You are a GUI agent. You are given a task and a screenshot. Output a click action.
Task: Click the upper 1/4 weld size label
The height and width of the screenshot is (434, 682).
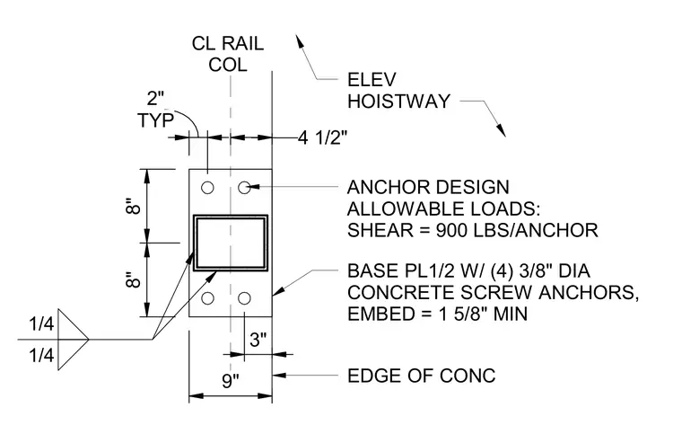(x=41, y=323)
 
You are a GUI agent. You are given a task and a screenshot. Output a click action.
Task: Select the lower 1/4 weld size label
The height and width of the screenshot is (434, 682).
(x=41, y=355)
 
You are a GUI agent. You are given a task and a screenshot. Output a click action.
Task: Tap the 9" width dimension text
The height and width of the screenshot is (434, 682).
(x=231, y=381)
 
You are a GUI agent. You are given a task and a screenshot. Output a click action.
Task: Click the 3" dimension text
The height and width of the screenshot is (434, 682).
(x=258, y=340)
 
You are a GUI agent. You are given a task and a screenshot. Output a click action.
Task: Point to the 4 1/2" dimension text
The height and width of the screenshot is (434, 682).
(x=323, y=138)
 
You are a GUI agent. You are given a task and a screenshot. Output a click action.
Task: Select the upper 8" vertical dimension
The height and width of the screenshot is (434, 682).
(x=134, y=206)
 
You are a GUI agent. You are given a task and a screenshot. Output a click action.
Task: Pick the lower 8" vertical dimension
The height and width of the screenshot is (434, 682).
(x=134, y=280)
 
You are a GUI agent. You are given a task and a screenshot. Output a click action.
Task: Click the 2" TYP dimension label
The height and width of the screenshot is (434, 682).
(x=156, y=110)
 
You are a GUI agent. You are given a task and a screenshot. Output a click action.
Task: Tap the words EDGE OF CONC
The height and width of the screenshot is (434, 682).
(x=421, y=376)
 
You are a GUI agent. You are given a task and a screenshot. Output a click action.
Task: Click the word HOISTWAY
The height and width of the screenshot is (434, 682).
(x=398, y=102)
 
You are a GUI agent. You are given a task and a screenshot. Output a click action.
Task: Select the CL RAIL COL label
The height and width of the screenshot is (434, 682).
(x=228, y=54)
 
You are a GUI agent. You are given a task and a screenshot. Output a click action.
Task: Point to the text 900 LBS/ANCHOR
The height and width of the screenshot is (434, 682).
(x=517, y=230)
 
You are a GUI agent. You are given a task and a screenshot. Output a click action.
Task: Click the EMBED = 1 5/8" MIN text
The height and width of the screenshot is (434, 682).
(x=437, y=314)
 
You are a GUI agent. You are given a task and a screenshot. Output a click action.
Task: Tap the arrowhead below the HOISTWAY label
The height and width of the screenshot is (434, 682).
(x=501, y=129)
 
